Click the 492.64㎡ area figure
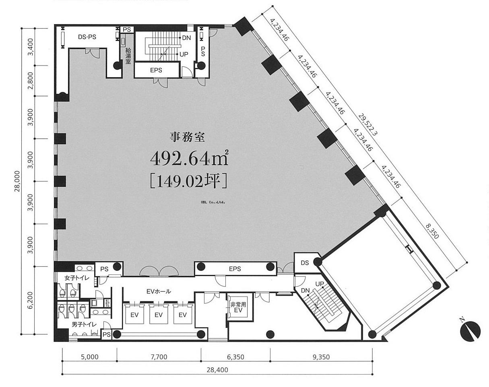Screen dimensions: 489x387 (189, 158)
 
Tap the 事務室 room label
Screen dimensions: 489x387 (188, 137)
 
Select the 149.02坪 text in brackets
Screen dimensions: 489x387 (188, 181)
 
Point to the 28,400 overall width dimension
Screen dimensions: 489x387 (217, 370)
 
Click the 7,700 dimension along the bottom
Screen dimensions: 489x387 (159, 357)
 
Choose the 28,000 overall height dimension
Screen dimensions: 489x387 (17, 181)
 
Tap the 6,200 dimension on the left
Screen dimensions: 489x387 (31, 300)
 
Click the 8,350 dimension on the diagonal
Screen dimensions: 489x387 (432, 231)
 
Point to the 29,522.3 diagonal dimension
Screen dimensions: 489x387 (367, 125)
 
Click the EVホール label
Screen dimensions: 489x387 (159, 292)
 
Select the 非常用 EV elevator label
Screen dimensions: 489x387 (238, 307)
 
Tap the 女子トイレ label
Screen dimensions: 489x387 (77, 278)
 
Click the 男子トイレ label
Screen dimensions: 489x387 (84, 325)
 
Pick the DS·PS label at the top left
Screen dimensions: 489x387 (87, 37)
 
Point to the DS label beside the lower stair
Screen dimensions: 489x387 (305, 262)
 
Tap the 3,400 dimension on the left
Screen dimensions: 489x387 (31, 47)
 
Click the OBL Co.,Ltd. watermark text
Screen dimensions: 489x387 (213, 202)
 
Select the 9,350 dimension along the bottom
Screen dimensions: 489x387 (321, 357)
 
